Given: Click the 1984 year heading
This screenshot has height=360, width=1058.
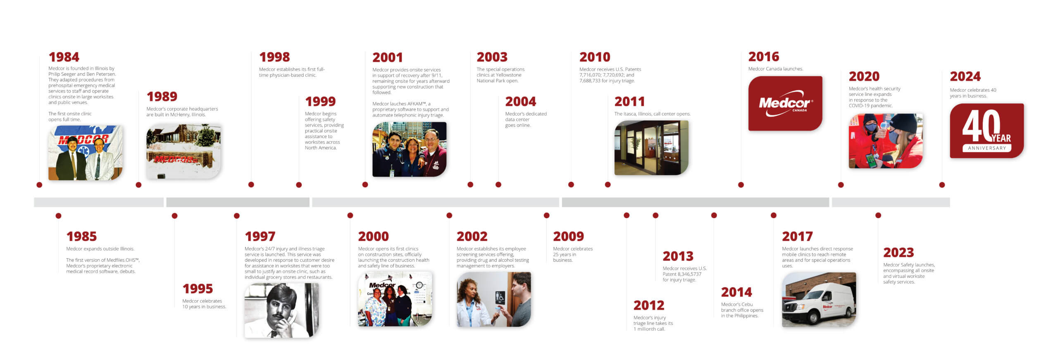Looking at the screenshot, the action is coord(64,57).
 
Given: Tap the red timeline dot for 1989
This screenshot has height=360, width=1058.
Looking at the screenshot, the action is coord(138,185).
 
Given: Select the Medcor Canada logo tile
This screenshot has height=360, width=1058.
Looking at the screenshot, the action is coord(785,103).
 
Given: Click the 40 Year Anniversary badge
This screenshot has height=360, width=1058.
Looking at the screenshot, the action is coord(987,131).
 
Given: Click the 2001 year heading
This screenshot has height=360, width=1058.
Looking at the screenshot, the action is coord(387,57).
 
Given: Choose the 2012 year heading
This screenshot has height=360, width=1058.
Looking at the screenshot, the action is coord(649,305).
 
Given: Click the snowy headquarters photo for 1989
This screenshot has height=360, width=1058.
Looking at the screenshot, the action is coord(183,151).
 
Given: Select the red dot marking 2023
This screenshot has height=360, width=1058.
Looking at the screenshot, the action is coord(878,215).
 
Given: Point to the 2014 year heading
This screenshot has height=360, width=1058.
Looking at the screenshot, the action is coord(736,292).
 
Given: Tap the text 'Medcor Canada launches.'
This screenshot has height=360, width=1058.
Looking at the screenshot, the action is coord(776,69).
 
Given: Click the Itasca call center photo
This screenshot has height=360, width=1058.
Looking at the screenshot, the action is coord(651,148).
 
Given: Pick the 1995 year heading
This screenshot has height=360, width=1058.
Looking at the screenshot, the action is coord(198,288).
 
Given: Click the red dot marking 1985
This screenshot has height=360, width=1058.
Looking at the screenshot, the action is coord(58,216).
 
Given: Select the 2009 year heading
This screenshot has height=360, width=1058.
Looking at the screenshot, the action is coord(568,236).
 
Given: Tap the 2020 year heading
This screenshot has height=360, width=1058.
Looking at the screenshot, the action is coord(864,76).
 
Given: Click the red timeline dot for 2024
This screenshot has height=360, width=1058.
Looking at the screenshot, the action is coord(942,185).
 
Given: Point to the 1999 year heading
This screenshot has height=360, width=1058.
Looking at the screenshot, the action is coord(320,101).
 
